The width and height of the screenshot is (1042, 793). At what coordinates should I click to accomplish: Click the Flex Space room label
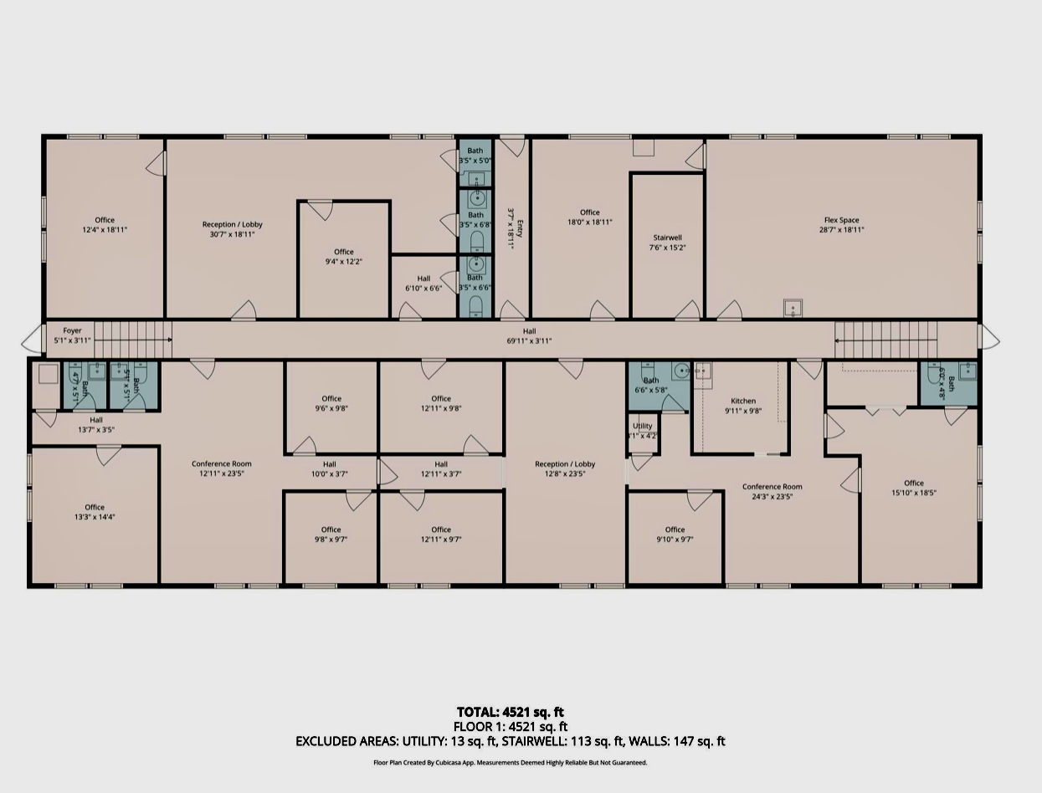click(x=841, y=221)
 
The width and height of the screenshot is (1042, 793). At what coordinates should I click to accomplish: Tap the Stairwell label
click(x=667, y=238)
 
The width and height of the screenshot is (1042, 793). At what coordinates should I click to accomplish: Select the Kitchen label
click(x=743, y=402)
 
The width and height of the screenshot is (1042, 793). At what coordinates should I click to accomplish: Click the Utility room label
click(x=642, y=427)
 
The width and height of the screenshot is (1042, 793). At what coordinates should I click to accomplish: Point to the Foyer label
click(x=72, y=331)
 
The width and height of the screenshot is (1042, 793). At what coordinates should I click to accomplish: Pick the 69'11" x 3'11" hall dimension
click(x=529, y=341)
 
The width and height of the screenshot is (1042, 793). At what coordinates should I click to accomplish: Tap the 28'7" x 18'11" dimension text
click(x=841, y=230)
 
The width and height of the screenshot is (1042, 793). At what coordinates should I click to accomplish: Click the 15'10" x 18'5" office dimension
click(x=913, y=493)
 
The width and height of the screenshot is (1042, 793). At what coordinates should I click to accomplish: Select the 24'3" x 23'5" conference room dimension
click(x=773, y=496)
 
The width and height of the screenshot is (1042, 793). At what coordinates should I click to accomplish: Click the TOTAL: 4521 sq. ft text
click(x=510, y=713)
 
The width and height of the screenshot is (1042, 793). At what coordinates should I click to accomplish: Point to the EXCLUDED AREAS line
click(x=510, y=741)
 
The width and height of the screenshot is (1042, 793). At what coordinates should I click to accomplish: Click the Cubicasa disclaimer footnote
click(x=510, y=763)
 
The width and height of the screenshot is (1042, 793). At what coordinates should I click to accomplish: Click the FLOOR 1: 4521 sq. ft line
click(x=510, y=727)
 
